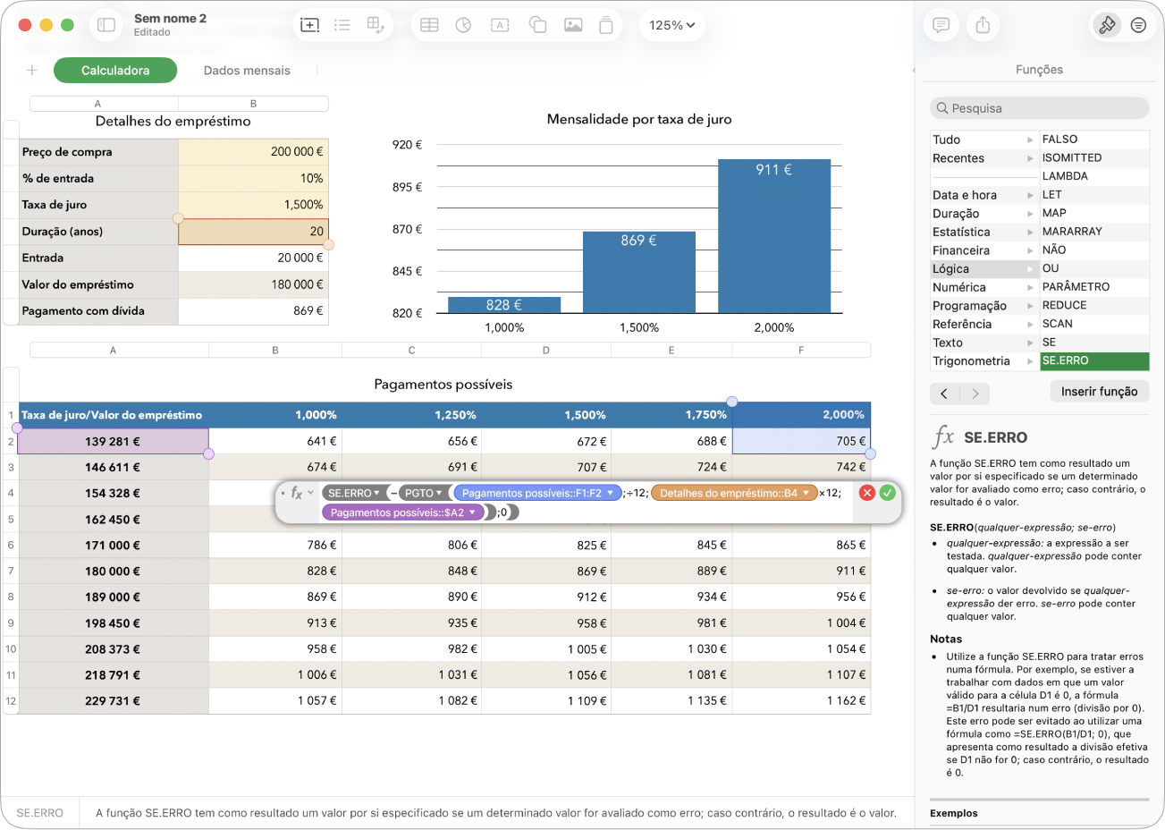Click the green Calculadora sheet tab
[x=115, y=71]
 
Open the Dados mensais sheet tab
[x=247, y=71]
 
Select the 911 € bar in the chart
[x=774, y=236]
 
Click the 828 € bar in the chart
[x=504, y=305]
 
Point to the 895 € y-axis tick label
[x=407, y=187]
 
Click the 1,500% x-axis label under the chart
[x=638, y=328]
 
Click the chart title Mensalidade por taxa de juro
[x=639, y=119]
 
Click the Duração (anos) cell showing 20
[x=253, y=231]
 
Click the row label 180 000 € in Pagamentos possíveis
[x=113, y=571]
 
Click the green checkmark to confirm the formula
[x=887, y=493]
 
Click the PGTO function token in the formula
[x=424, y=493]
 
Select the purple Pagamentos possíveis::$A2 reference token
[x=402, y=512]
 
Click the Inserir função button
[x=1099, y=392]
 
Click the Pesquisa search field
[x=1039, y=108]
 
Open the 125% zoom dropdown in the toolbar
[x=671, y=25]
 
